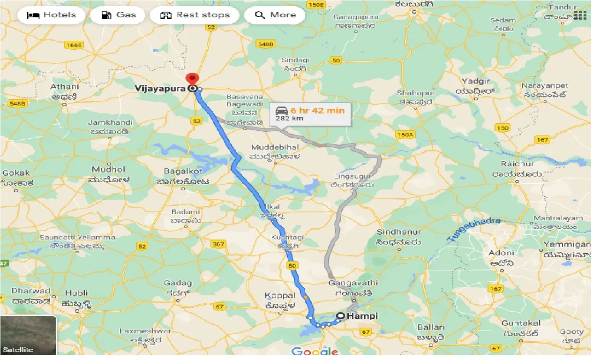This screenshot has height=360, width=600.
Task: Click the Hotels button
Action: coord(51,15)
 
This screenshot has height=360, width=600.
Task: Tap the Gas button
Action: coord(119,15)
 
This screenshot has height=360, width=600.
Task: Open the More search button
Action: coord(275,15)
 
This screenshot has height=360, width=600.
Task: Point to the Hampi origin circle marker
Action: coord(340,316)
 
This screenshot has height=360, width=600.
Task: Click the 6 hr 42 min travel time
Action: coord(317,111)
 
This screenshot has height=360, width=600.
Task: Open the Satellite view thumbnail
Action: coord(28,335)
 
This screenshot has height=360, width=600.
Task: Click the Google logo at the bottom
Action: coord(315,352)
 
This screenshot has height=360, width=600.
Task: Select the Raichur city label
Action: coord(517,164)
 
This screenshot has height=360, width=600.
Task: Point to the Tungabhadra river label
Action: coord(475,229)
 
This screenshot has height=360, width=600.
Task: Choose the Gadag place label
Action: coord(178,283)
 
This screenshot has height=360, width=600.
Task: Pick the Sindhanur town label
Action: coord(399,232)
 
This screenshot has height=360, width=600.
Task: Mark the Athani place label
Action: coord(65,87)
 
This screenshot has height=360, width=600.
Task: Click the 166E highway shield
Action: coord(74,45)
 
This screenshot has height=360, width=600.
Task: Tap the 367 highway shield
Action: coord(218,244)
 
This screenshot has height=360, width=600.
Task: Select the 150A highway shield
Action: coord(405,135)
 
